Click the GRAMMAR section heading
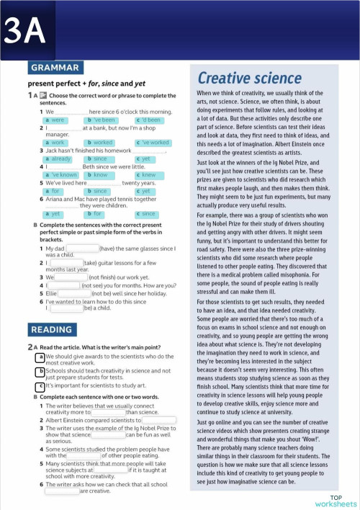coord(55,68)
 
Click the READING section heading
coord(50,329)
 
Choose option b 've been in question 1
coord(102,120)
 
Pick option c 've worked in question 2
coord(153,143)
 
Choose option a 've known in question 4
coord(61,175)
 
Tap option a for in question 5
coord(56,191)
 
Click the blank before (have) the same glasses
coord(81,249)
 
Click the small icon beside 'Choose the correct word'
coord(43,95)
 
